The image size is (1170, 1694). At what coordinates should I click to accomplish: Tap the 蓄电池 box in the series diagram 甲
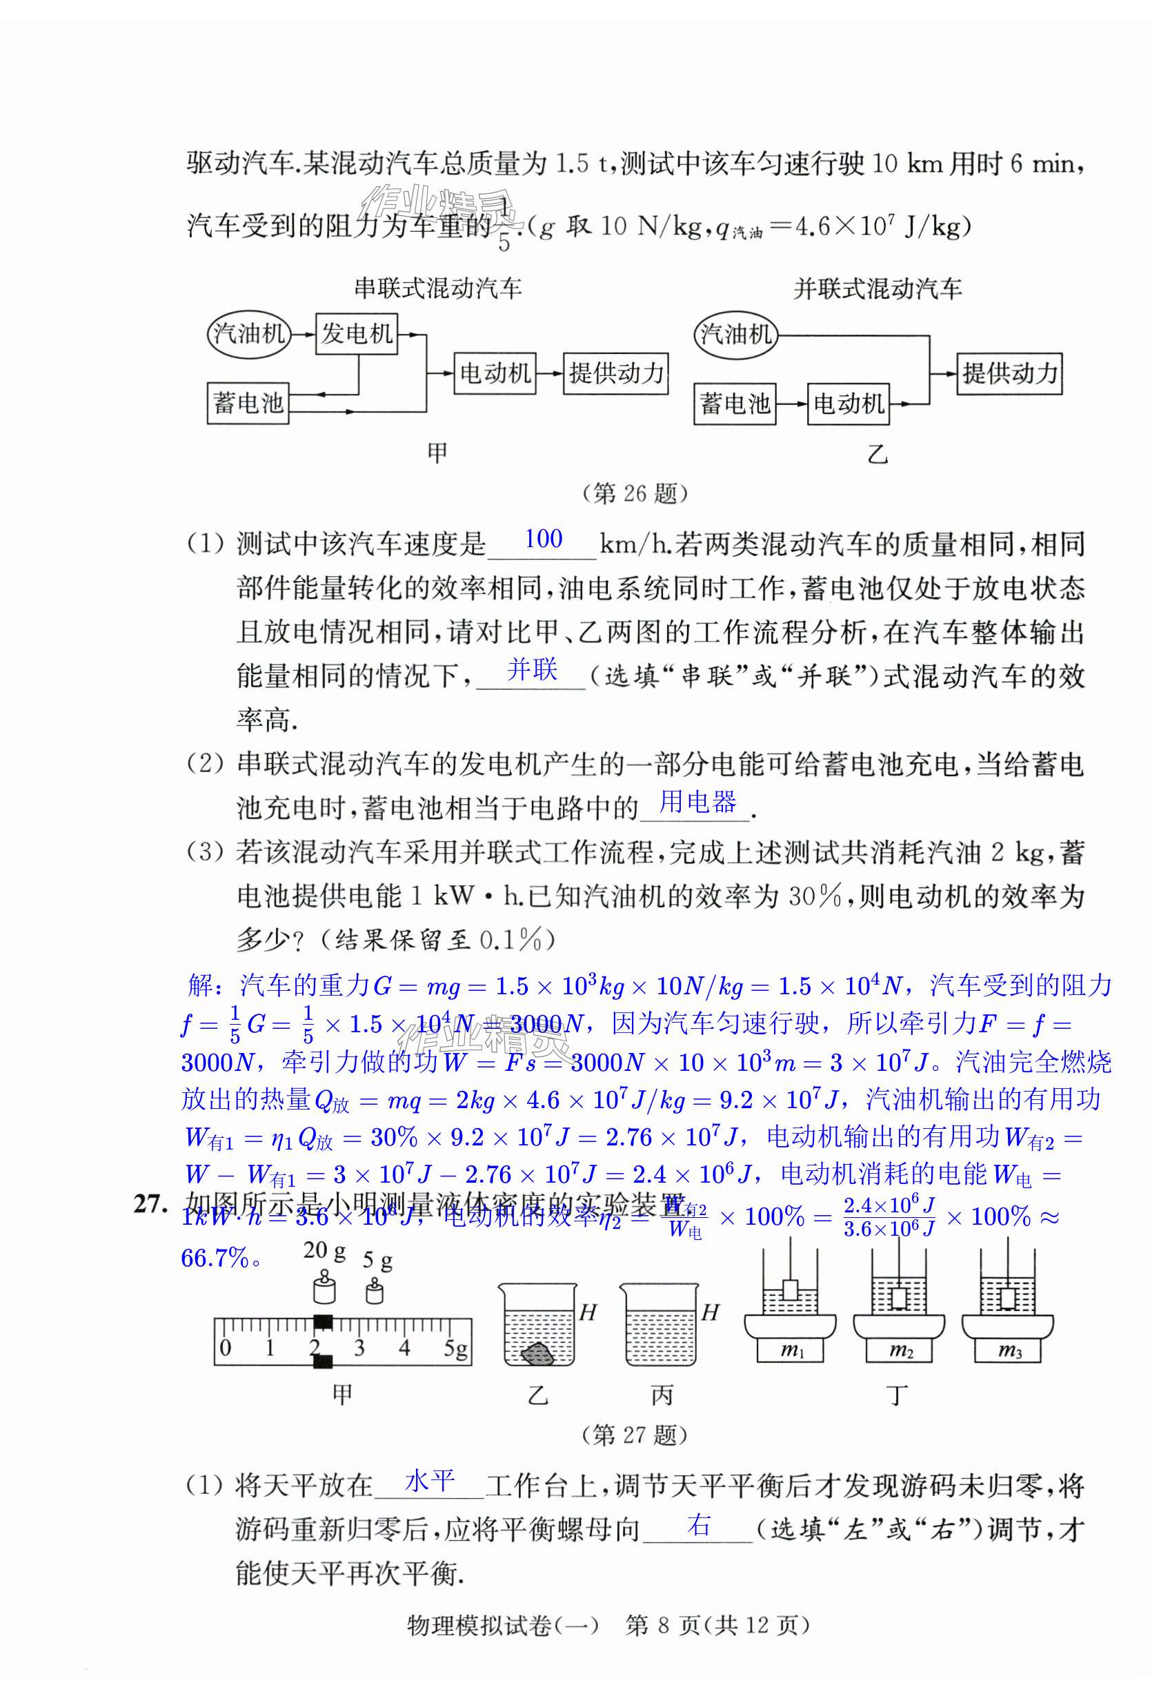click(x=248, y=402)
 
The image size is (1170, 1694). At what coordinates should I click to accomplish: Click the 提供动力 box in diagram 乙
click(x=1009, y=373)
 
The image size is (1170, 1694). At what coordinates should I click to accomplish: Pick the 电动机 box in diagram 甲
click(x=495, y=373)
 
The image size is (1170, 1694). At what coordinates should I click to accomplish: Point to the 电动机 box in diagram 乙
click(x=848, y=404)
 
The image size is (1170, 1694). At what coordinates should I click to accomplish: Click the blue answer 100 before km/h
click(x=543, y=540)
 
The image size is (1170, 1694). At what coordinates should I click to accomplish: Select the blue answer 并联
click(x=532, y=669)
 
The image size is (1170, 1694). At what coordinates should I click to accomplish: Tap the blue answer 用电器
click(x=697, y=802)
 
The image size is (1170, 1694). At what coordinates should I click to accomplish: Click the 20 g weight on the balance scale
click(x=323, y=1285)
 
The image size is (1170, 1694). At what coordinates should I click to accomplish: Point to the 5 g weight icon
click(x=375, y=1289)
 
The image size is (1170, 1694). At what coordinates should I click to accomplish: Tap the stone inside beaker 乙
click(x=540, y=1354)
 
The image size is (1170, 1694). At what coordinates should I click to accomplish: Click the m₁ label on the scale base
click(x=792, y=1350)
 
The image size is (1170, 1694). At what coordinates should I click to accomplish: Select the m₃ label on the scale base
click(x=1009, y=1350)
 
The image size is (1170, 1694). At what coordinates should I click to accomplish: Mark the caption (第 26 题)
click(x=635, y=493)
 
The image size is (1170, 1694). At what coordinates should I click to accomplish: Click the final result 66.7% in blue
click(x=215, y=1259)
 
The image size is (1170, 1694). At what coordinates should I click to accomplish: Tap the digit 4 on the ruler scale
click(x=404, y=1347)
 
